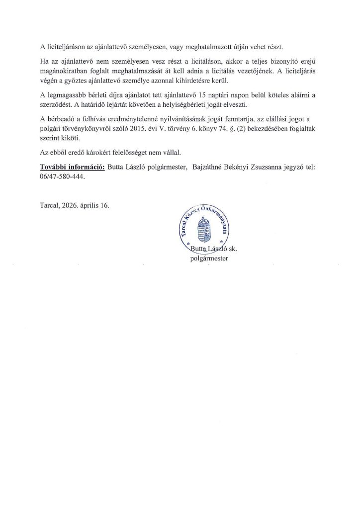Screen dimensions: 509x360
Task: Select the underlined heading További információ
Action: [72, 168]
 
